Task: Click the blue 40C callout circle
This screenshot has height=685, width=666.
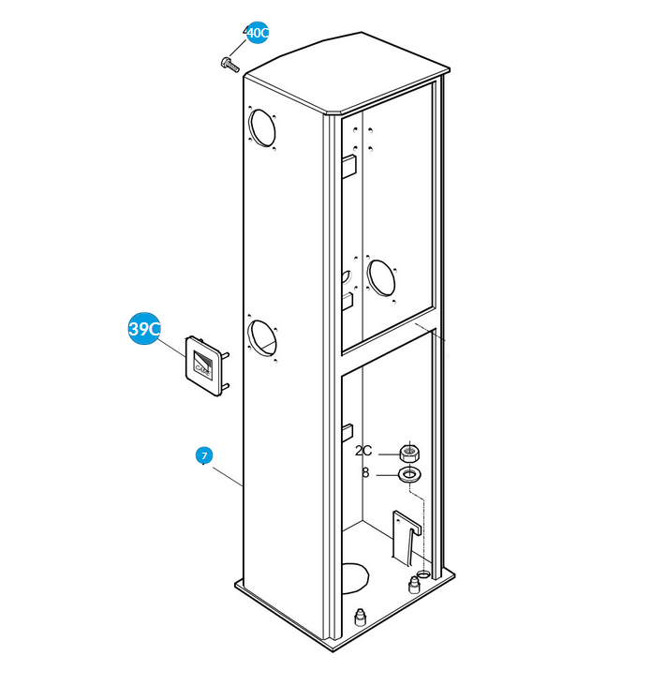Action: pyautogui.click(x=258, y=32)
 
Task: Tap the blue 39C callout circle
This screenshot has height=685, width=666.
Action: pyautogui.click(x=144, y=329)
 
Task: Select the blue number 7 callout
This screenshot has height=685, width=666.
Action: pyautogui.click(x=204, y=455)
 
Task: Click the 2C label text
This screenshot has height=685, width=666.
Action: pyautogui.click(x=363, y=451)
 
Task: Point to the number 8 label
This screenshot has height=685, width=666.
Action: pyautogui.click(x=365, y=472)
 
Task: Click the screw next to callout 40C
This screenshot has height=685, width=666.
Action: pyautogui.click(x=230, y=65)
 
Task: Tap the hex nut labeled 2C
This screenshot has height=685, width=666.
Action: pyautogui.click(x=409, y=453)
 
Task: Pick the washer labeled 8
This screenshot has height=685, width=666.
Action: pyautogui.click(x=409, y=474)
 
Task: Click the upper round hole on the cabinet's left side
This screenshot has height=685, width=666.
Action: pyautogui.click(x=262, y=127)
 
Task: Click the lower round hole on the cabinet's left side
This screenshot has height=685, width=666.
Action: pyautogui.click(x=261, y=338)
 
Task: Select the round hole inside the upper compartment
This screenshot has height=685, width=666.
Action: pyautogui.click(x=381, y=278)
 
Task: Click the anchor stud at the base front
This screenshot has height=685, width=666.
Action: pyautogui.click(x=360, y=617)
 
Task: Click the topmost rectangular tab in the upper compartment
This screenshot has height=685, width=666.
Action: pyautogui.click(x=349, y=166)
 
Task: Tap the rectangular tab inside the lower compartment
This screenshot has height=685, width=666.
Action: pyautogui.click(x=348, y=433)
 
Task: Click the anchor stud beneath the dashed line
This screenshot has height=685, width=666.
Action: pyautogui.click(x=414, y=585)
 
